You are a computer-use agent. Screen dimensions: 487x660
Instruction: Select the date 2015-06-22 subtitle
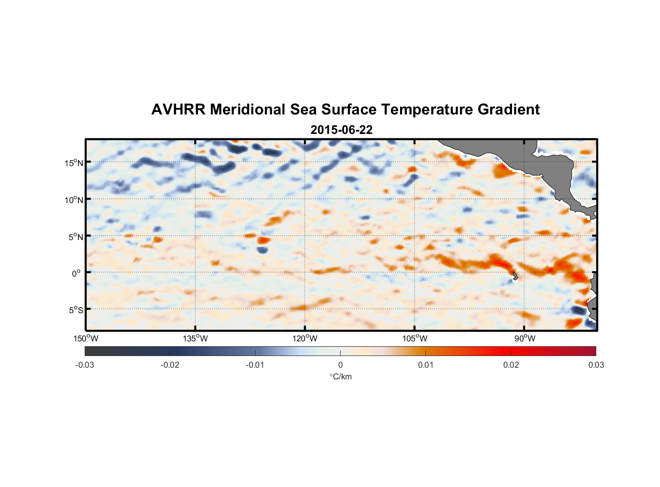point(341,130)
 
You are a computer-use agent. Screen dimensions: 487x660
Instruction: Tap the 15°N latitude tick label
point(74,163)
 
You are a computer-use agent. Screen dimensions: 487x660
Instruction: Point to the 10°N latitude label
point(74,200)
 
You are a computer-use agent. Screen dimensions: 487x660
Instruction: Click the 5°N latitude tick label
point(75,237)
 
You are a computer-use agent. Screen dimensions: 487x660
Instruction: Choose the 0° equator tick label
point(76,273)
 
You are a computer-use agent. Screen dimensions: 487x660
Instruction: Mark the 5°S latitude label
point(75,310)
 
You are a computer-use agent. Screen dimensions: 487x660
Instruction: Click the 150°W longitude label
point(86,338)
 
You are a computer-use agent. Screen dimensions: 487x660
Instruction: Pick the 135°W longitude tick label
point(195,338)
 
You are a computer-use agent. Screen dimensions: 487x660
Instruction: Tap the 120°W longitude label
point(305,338)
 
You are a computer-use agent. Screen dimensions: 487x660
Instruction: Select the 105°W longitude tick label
point(415,338)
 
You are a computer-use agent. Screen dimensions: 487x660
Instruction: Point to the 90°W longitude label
point(524,338)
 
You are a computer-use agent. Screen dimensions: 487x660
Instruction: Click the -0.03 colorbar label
point(85,365)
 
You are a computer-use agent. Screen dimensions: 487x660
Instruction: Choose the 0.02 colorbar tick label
point(511,365)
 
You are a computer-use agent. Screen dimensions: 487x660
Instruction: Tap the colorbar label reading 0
point(340,365)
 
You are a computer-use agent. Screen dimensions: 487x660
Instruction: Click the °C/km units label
point(340,376)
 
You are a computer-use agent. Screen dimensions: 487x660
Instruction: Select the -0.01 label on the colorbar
point(255,365)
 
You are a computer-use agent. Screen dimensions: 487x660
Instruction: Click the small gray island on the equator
point(515,276)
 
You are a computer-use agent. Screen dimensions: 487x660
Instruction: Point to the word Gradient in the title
point(509,110)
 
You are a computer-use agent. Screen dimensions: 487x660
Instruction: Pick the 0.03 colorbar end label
point(596,365)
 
